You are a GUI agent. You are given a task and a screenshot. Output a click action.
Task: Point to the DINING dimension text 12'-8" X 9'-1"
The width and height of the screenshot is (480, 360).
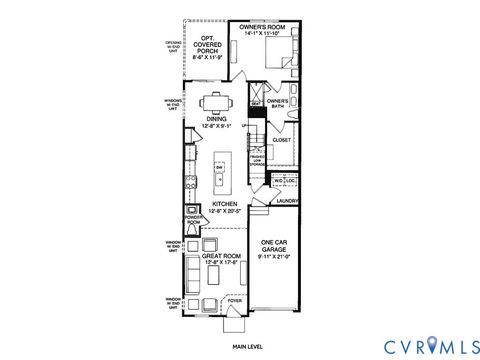pyautogui.click(x=217, y=127)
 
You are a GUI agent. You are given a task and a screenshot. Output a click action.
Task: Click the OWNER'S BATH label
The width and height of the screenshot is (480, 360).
pyautogui.click(x=278, y=104)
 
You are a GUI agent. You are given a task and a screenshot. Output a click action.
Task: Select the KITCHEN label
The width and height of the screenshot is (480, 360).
pyautogui.click(x=224, y=204)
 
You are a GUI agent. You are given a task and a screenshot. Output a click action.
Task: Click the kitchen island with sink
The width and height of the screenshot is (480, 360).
pyautogui.click(x=222, y=173)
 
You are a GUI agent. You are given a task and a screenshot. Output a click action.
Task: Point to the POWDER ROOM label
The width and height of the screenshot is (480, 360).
pyautogui.click(x=193, y=222)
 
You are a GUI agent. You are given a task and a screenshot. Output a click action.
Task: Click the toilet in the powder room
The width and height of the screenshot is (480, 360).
pyautogui.click(x=192, y=211)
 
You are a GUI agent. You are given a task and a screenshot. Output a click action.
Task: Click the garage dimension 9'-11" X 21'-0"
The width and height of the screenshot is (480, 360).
pyautogui.click(x=275, y=258)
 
